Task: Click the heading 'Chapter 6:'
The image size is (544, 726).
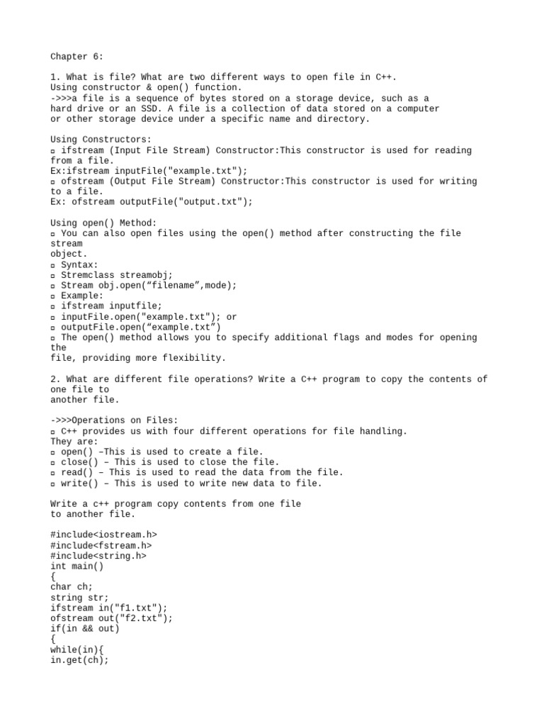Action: [x=76, y=56]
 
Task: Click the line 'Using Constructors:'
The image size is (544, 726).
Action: [x=101, y=140]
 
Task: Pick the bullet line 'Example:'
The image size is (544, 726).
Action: [x=81, y=296]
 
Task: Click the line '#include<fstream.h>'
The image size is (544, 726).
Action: [x=101, y=546]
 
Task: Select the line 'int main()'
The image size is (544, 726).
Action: [x=76, y=566]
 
